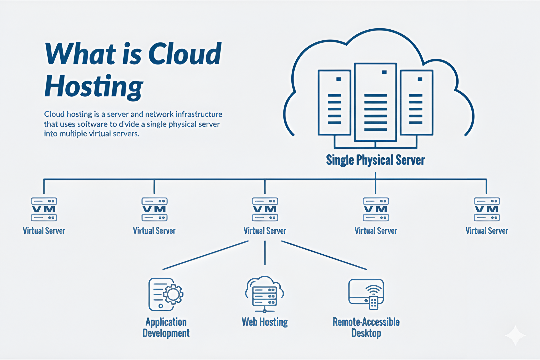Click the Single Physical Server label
(375, 160)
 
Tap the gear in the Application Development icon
(173, 295)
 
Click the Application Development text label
(166, 327)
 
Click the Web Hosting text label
(265, 322)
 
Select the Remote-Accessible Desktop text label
(366, 327)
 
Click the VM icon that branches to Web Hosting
(265, 209)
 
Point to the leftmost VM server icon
(44, 209)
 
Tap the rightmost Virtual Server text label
(487, 231)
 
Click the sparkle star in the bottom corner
(515, 336)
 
